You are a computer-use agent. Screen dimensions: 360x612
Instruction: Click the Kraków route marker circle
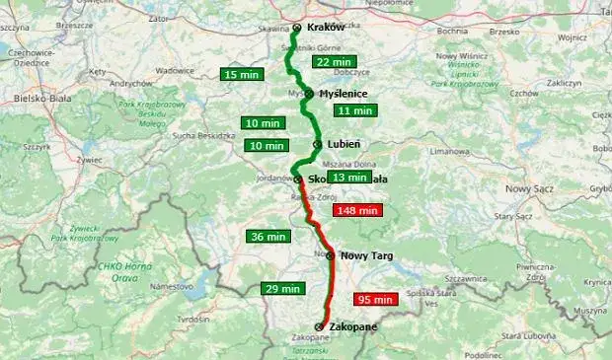(296, 28)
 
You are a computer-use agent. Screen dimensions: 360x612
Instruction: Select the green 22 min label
(334, 62)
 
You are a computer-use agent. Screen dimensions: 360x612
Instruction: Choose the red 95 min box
(376, 299)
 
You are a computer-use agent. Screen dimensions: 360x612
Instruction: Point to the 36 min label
(268, 237)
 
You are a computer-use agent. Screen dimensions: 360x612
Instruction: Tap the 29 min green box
(282, 289)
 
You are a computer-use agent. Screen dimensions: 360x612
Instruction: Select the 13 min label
(349, 178)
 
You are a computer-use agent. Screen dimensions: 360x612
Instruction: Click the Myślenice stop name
(344, 94)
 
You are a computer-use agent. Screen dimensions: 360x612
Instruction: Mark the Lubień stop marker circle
(317, 145)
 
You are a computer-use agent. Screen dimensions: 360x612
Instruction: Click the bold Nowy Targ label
(366, 255)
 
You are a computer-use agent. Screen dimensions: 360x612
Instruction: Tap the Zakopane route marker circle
(319, 326)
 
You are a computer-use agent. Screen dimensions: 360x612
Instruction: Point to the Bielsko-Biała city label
(42, 99)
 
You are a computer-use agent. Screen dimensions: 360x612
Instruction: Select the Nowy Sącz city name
(531, 186)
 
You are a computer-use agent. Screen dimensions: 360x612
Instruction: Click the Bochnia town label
(452, 32)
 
